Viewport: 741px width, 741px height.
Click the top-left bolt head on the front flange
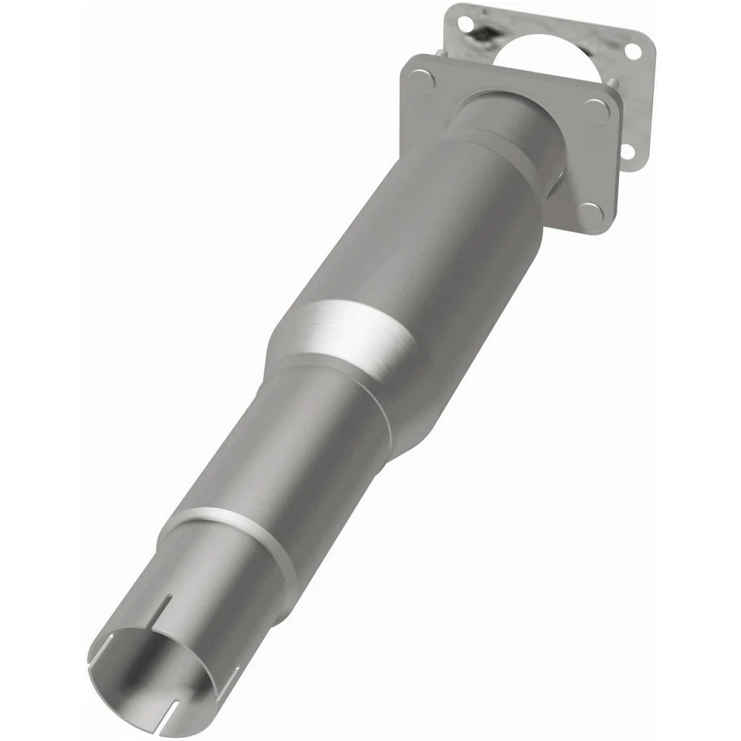[421, 80]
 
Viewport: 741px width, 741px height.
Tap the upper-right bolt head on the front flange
[595, 113]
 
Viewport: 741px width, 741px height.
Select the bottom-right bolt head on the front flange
[589, 214]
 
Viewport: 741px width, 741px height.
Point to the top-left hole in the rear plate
[466, 24]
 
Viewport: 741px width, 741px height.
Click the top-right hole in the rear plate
[632, 52]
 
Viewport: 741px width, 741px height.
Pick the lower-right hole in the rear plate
[628, 151]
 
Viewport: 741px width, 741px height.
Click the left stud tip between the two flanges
[438, 52]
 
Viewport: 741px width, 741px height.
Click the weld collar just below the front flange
[494, 143]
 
